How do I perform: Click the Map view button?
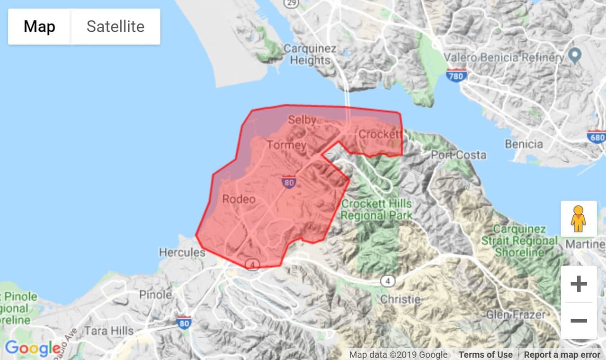40,26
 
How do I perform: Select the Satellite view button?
115,26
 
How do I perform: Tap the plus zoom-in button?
579,284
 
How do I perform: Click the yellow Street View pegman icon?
578,219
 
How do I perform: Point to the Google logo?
33,349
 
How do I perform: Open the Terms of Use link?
485,354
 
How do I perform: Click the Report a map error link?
561,354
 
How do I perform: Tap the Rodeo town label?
238,199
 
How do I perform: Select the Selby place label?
302,120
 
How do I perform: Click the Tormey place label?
286,145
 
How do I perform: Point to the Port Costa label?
458,155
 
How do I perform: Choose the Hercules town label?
182,252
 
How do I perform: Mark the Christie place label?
400,299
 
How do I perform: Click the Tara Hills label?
108,330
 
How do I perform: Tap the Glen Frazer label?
516,314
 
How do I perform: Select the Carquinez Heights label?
310,54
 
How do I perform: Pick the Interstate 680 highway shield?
596,137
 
